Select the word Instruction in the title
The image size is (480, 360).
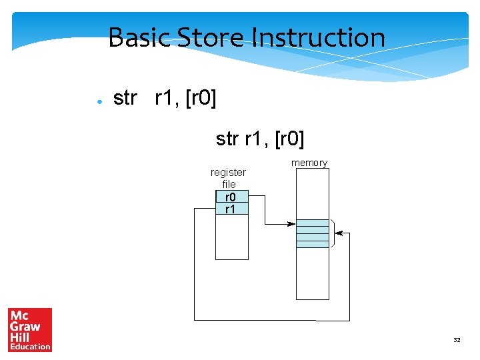pos(319,37)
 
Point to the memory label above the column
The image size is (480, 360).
pos(309,163)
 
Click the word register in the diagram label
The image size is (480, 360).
pos(228,172)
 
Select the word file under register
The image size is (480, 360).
pos(229,184)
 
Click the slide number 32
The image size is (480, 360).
pos(457,340)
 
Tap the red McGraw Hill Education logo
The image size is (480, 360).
pos(30,329)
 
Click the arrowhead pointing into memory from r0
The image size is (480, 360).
pos(292,224)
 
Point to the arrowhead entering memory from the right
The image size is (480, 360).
pos(339,233)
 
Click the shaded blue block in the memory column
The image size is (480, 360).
pos(312,233)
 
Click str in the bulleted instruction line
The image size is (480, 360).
pos(125,99)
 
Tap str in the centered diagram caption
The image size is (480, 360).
pos(227,139)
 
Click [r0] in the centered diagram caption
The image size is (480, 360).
pos(289,139)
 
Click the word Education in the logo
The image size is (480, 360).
pos(30,346)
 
